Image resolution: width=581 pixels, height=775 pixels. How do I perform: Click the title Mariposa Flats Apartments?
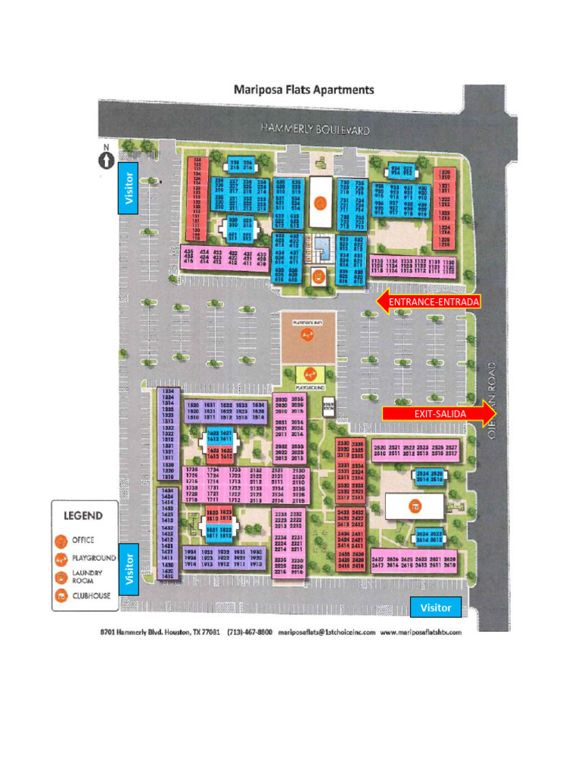(303, 89)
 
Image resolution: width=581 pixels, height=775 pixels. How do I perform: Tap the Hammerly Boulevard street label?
(315, 129)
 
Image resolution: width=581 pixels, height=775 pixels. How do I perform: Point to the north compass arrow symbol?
(106, 160)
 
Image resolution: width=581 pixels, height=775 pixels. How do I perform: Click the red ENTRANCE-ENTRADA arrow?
(427, 302)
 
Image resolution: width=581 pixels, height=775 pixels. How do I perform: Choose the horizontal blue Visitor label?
(436, 607)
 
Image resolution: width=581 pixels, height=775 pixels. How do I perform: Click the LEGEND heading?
(83, 516)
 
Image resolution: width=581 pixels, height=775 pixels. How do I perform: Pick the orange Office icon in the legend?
(61, 540)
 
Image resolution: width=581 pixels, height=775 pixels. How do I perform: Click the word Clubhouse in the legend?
(92, 596)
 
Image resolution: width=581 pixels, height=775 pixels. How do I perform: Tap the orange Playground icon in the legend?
(61, 559)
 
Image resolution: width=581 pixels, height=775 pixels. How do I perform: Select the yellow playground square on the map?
(310, 373)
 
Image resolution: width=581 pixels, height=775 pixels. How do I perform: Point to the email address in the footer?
(326, 632)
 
